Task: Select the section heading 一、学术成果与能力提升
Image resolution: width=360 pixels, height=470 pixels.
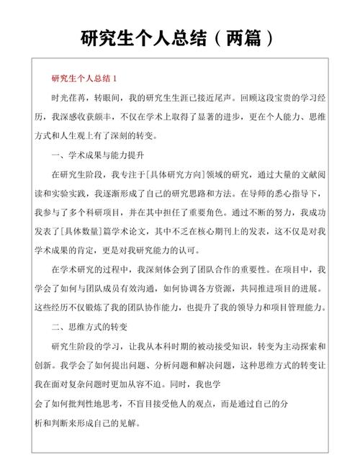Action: (x=99, y=155)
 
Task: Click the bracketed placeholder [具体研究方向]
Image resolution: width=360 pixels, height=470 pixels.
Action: (x=184, y=174)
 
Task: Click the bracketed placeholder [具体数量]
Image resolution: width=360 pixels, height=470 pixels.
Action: (x=87, y=232)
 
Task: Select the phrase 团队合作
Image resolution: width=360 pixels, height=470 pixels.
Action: (x=207, y=271)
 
